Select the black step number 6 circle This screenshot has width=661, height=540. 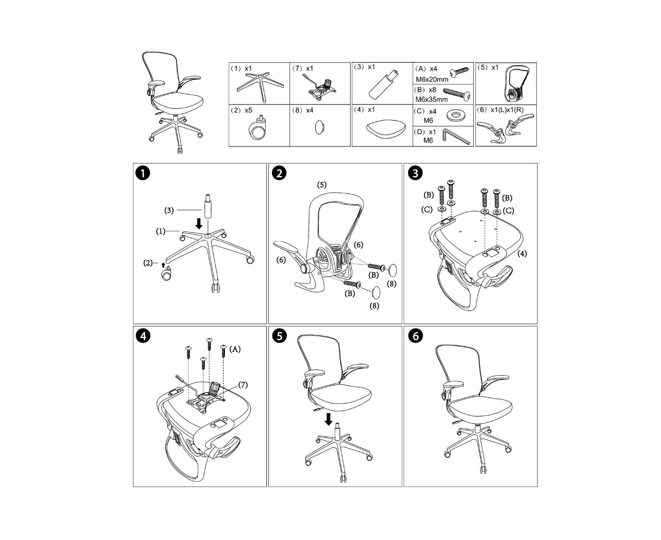[x=416, y=336]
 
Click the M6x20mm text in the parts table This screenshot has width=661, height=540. [x=432, y=79]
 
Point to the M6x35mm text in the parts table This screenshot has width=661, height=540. [x=431, y=99]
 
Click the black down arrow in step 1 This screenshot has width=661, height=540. [x=199, y=224]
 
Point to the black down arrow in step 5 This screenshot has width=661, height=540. [x=328, y=419]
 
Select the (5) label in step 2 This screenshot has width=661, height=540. [x=322, y=185]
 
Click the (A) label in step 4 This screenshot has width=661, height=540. [x=235, y=349]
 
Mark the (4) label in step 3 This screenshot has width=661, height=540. [x=522, y=253]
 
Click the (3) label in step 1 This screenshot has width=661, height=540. [x=169, y=210]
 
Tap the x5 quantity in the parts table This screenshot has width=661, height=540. [x=248, y=110]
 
